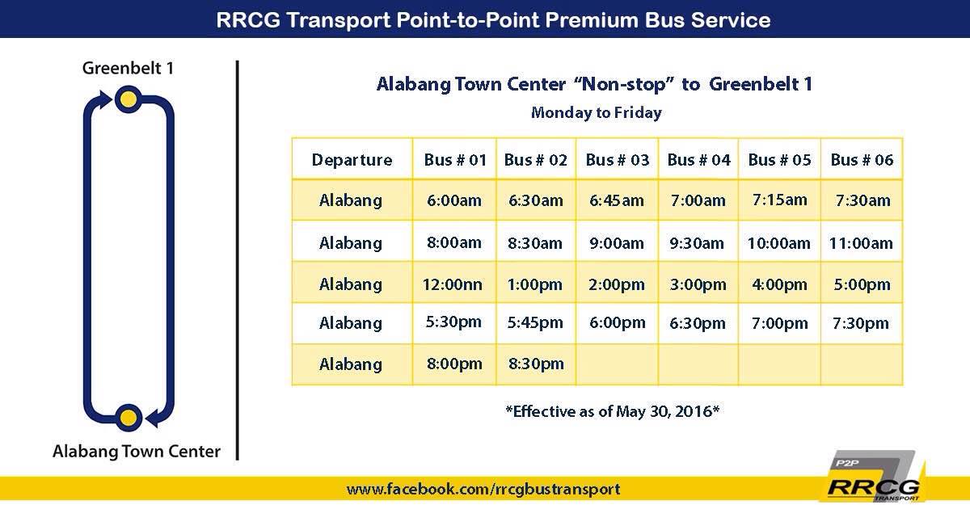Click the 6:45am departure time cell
tap(617, 200)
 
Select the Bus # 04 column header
tap(698, 160)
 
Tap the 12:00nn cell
tap(453, 284)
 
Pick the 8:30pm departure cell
tap(536, 364)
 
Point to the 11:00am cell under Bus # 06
tap(861, 243)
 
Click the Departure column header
tap(352, 160)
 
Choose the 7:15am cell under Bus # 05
tap(779, 200)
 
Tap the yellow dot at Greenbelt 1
tap(129, 99)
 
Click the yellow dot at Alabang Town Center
tap(129, 419)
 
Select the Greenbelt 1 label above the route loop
tap(129, 68)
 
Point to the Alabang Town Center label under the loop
tap(137, 452)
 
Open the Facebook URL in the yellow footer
tap(483, 489)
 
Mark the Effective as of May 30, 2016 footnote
tap(613, 411)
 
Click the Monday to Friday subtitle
tap(597, 112)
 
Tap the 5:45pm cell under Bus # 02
tap(535, 323)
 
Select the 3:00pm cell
tap(698, 284)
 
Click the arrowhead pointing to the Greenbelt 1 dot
tap(105, 99)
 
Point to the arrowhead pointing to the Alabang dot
tap(154, 419)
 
